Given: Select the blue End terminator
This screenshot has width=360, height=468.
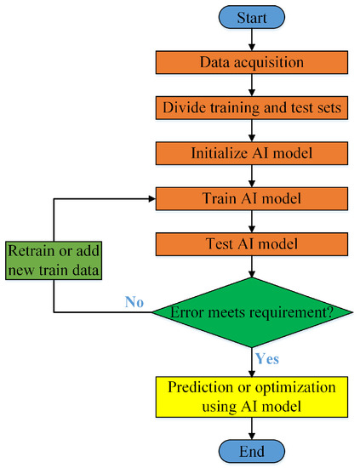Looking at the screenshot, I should click(251, 451).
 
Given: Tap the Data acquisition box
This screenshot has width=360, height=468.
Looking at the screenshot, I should click(251, 63).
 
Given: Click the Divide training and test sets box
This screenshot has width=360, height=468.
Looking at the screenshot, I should click(251, 108).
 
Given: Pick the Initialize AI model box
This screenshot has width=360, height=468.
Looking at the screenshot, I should click(251, 153).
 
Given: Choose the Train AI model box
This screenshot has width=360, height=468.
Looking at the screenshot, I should click(251, 198).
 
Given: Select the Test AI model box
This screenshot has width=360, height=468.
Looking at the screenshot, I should click(251, 243).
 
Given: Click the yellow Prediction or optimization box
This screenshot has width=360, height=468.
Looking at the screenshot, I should click(251, 396).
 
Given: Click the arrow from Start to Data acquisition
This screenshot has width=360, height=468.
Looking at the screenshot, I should click(251, 39).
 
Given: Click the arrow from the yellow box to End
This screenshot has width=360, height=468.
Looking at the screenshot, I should click(251, 428).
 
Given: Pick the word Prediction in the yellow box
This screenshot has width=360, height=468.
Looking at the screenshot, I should click(202, 387).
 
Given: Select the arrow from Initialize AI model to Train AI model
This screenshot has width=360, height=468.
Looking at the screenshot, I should click(251, 175).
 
